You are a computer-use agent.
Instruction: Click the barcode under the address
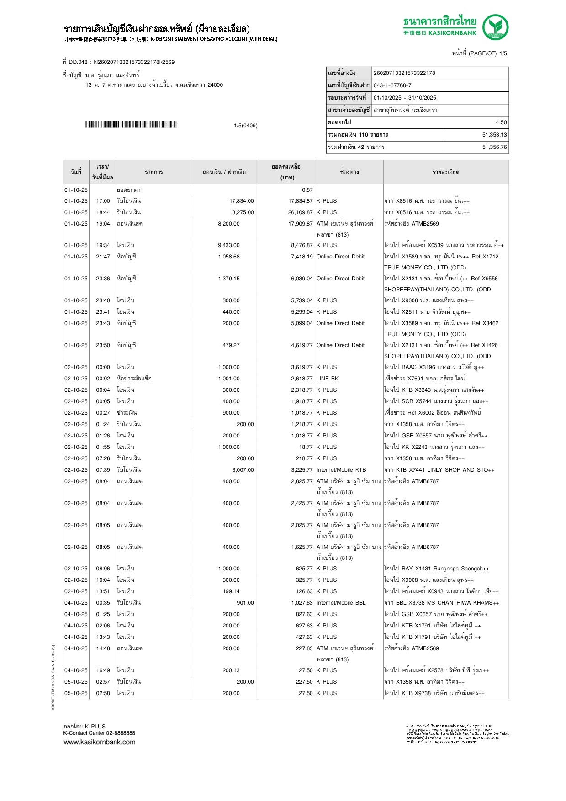tap(130, 125)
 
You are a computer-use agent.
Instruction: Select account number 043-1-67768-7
tap(392, 85)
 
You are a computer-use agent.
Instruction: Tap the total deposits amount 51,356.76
tap(494, 147)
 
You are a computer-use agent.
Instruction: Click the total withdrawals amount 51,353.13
tap(494, 135)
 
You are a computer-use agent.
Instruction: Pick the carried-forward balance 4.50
tap(501, 122)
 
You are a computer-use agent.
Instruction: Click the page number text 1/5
tap(503, 53)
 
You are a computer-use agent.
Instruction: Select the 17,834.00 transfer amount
tap(242, 201)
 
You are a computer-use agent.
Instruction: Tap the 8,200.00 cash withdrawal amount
tap(229, 224)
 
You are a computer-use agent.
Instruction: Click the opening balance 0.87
tap(307, 190)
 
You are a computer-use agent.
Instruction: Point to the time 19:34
tap(103, 245)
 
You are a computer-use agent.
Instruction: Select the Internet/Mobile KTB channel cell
tap(341, 470)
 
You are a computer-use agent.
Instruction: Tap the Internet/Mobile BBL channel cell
tap(341, 603)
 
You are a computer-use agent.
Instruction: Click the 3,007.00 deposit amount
tap(243, 470)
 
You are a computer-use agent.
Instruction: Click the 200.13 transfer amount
tap(231, 670)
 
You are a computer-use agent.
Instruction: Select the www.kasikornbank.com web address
tap(100, 742)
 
